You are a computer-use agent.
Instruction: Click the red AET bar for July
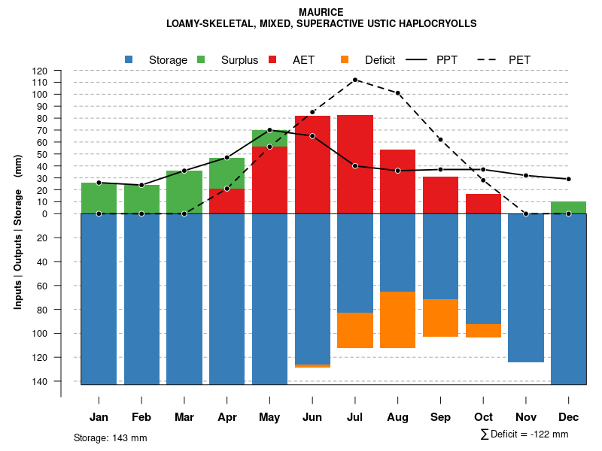point(355,164)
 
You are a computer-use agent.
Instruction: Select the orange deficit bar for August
point(397,319)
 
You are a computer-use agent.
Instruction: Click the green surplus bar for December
point(568,207)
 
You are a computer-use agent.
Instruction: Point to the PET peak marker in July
point(354,80)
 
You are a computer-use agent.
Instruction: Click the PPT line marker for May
point(269,130)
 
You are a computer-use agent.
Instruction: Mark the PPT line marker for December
point(568,179)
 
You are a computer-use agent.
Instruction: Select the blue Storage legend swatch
point(129,59)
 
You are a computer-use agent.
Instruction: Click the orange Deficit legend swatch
point(345,59)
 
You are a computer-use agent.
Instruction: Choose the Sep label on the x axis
point(440,416)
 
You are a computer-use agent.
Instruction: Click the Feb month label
point(141,416)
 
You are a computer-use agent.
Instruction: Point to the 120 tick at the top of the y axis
point(40,71)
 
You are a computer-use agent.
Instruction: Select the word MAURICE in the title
point(321,12)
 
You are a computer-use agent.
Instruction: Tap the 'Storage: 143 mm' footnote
point(110,437)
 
